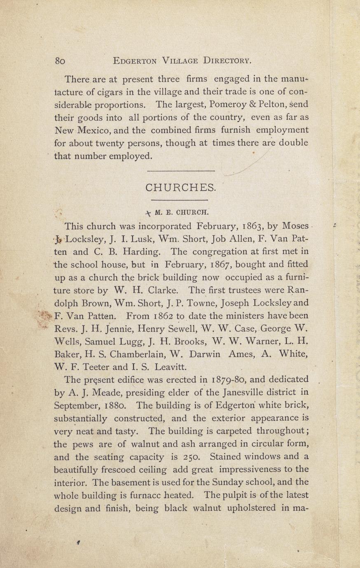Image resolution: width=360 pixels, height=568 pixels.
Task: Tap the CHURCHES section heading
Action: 180,188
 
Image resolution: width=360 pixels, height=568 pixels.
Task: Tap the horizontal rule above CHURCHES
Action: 181,171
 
